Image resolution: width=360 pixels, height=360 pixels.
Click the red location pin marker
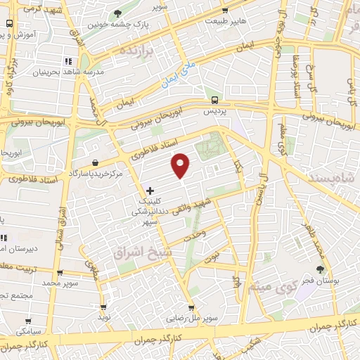(181, 165)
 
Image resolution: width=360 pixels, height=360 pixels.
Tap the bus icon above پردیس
(214, 100)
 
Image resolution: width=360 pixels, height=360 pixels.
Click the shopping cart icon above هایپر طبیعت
(224, 10)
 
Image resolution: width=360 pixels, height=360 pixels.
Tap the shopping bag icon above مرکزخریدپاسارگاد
(94, 162)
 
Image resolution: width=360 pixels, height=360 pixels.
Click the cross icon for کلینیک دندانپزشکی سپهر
(150, 190)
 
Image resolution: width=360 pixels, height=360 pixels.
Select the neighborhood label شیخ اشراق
(139, 250)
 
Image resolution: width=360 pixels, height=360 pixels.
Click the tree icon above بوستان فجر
(321, 269)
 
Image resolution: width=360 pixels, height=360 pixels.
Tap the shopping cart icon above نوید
(104, 307)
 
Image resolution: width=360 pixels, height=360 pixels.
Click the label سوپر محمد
(58, 282)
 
